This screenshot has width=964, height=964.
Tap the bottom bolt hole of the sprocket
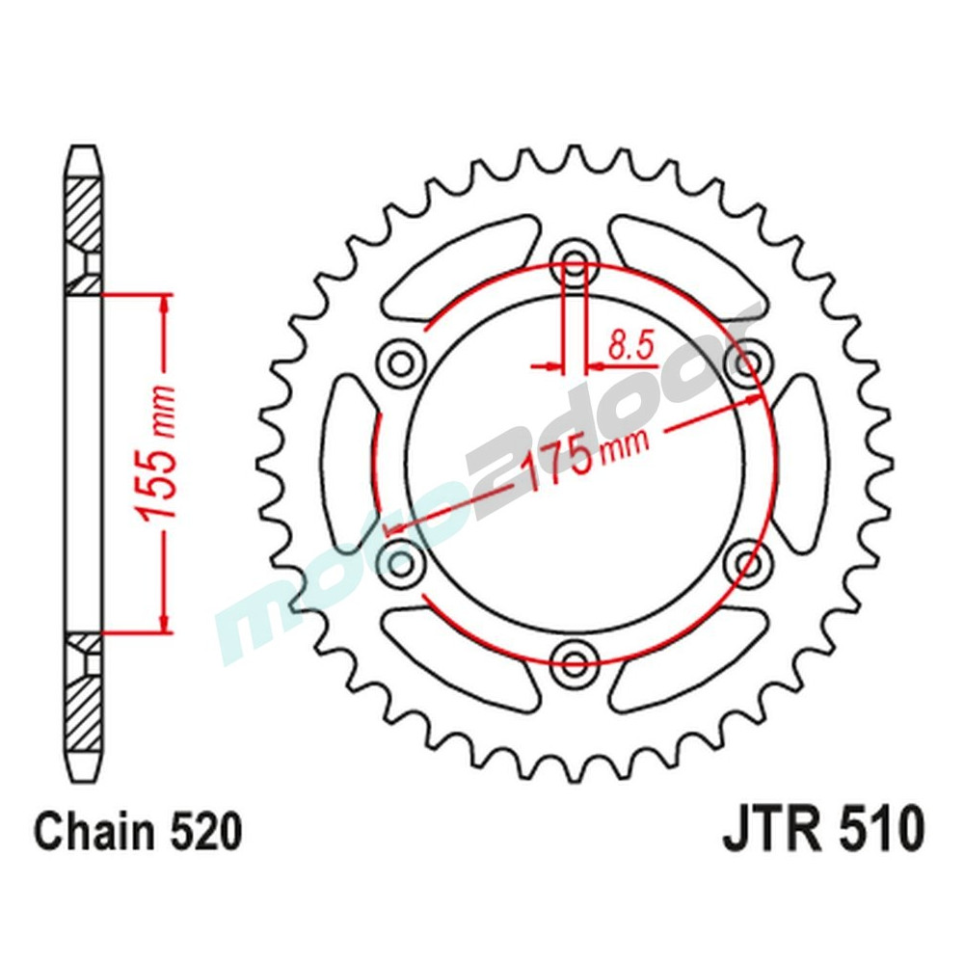click(x=576, y=660)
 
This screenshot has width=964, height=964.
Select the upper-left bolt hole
click(x=401, y=361)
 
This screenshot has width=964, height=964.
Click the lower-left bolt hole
click(x=401, y=559)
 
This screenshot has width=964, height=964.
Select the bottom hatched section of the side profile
click(x=84, y=709)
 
